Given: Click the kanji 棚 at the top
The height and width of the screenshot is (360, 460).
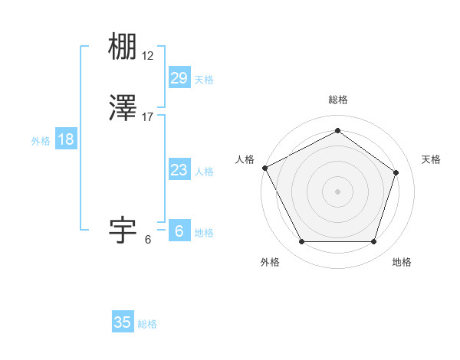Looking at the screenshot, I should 123,47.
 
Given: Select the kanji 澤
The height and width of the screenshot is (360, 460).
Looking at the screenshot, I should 123,110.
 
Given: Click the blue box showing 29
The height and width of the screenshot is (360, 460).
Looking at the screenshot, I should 179,78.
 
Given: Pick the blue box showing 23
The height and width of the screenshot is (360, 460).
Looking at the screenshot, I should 179,170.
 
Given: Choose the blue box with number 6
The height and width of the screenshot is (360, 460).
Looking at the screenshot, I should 179,231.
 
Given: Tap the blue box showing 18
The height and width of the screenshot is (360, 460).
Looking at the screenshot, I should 66,139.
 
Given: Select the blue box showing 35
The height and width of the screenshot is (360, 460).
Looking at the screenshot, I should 123,322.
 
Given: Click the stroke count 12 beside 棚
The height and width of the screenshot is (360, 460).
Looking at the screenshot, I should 148,55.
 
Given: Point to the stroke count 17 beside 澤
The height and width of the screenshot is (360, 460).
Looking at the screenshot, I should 148,117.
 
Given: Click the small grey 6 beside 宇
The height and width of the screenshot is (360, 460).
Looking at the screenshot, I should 148,239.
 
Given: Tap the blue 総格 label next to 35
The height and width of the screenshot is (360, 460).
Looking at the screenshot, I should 147,324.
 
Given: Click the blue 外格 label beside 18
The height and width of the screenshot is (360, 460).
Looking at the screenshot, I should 41,141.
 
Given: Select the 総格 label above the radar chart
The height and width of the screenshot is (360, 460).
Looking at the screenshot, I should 337,100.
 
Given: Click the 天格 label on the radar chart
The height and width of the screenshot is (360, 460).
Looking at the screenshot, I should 431,159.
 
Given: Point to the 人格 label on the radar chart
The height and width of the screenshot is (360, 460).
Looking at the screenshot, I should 245,159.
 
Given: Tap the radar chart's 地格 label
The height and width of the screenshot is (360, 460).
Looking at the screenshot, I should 402,262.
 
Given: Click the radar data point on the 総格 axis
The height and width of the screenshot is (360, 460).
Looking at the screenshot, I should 337,130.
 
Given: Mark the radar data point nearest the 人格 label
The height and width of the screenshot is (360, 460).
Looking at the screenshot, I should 264,168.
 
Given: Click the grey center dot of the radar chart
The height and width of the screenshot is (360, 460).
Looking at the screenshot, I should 337,191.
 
